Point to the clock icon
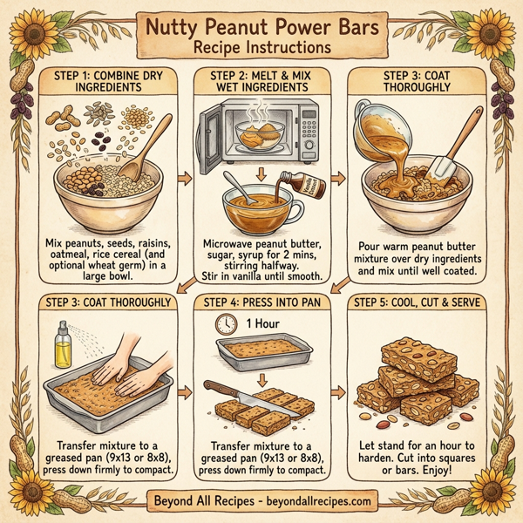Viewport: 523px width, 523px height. click(227, 324)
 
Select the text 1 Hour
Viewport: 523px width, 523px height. click(258, 324)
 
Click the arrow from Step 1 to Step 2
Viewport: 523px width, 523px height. click(185, 180)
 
